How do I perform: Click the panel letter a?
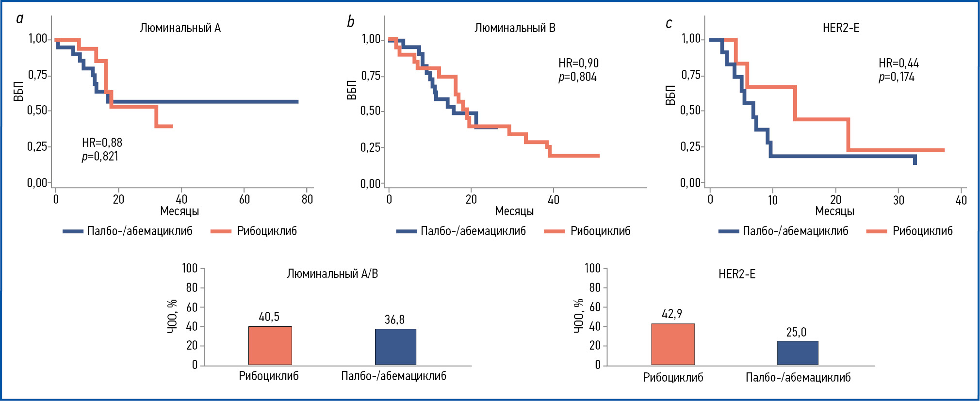pyautogui.click(x=20, y=19)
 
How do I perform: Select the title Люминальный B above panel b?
pyautogui.click(x=515, y=28)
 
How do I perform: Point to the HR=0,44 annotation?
pyautogui.click(x=898, y=63)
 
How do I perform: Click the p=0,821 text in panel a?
pyautogui.click(x=100, y=156)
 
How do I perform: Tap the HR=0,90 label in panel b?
pyautogui.click(x=578, y=63)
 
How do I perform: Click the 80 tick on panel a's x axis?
pyautogui.click(x=307, y=199)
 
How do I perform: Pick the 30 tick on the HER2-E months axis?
pyautogui.click(x=898, y=200)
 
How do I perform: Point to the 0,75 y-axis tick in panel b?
pyautogui.click(x=371, y=76)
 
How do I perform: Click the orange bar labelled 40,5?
pyautogui.click(x=270, y=345)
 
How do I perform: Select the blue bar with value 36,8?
pyautogui.click(x=395, y=347)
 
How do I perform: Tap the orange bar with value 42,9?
pyautogui.click(x=672, y=344)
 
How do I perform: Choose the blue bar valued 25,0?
pyautogui.click(x=798, y=353)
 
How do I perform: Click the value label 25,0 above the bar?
pyautogui.click(x=796, y=332)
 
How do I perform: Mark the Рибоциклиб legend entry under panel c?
pyautogui.click(x=922, y=231)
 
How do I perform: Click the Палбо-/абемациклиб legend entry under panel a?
pyautogui.click(x=140, y=231)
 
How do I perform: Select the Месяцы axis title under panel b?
pyautogui.click(x=514, y=211)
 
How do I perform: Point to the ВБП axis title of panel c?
pyautogui.click(x=670, y=95)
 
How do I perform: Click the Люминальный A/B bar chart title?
pyautogui.click(x=332, y=274)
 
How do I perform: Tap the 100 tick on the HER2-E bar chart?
pyautogui.click(x=592, y=268)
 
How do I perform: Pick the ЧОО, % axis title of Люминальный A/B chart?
pyautogui.click(x=172, y=317)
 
